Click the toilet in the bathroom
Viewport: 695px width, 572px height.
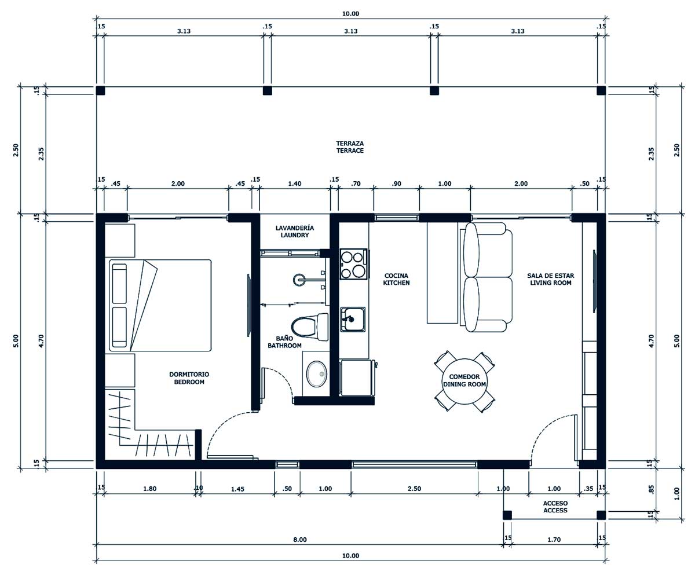310,327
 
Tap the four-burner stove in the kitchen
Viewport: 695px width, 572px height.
353,264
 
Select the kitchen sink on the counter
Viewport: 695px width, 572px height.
353,319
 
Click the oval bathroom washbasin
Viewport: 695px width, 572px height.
317,374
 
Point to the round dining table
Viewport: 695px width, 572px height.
464,381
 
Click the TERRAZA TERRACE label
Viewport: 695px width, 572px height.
350,147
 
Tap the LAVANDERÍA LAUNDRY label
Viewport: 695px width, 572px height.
295,232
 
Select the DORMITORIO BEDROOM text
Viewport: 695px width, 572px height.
189,378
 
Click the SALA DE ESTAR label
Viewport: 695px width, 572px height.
551,276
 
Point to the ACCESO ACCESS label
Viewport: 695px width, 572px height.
555,507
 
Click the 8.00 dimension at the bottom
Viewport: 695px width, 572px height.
300,540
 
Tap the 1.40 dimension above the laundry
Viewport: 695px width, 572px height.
295,184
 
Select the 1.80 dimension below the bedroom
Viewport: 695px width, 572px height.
149,489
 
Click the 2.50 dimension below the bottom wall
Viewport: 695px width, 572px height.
414,489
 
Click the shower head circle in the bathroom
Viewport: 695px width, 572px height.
299,280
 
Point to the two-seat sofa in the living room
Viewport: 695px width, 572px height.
488,277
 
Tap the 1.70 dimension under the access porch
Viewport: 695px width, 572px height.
554,540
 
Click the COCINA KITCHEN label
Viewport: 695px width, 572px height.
396,279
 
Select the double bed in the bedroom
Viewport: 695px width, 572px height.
160,305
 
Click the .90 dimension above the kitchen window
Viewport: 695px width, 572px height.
396,184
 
